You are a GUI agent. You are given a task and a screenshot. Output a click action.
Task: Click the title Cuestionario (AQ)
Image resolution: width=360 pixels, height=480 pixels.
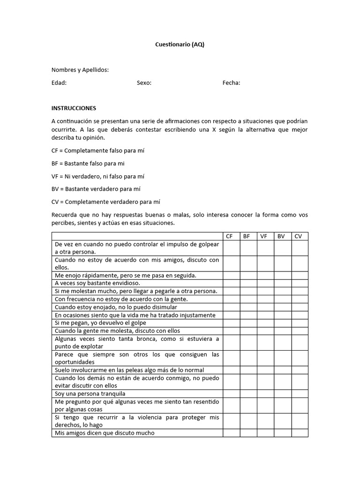(x=180, y=45)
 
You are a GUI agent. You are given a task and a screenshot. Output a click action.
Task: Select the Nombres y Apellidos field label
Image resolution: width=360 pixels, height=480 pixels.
(x=80, y=70)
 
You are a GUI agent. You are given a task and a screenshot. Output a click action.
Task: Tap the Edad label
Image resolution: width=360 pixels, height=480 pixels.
(x=59, y=83)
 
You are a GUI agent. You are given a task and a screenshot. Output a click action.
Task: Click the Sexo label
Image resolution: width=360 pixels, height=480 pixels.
(x=144, y=83)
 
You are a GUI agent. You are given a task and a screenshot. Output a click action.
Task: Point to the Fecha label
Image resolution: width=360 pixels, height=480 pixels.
(x=231, y=83)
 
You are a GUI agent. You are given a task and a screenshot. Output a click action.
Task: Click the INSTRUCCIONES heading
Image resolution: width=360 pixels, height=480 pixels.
(x=74, y=108)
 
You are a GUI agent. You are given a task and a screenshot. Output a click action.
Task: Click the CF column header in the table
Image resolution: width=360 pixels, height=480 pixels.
(x=229, y=236)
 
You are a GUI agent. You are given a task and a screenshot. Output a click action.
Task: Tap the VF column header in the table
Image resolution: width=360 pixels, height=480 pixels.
(x=264, y=236)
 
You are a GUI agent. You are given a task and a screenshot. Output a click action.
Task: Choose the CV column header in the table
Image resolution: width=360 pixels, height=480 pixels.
(x=299, y=236)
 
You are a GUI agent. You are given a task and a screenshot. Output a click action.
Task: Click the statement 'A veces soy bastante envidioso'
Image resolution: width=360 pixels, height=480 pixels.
(x=97, y=283)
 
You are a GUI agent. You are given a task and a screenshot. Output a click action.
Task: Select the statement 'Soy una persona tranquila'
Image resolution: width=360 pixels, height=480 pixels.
(x=90, y=394)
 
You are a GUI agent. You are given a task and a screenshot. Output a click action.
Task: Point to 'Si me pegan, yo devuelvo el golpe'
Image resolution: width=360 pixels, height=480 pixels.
(x=100, y=323)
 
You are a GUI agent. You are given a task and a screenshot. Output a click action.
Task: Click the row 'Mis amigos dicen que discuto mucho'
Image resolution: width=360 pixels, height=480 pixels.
(x=104, y=433)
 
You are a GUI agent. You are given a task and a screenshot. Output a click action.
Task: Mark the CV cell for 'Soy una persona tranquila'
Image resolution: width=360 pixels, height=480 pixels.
(x=300, y=394)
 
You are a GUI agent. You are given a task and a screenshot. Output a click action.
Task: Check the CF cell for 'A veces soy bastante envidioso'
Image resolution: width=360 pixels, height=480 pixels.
(x=232, y=283)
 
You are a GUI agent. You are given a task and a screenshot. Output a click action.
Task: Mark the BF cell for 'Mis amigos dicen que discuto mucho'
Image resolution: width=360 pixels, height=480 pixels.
(x=248, y=433)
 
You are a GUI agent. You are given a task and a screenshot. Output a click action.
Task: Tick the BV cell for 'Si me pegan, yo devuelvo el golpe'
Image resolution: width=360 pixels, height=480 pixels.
(x=283, y=323)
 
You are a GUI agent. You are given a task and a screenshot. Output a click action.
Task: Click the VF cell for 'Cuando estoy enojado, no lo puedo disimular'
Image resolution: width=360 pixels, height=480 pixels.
(x=265, y=307)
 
